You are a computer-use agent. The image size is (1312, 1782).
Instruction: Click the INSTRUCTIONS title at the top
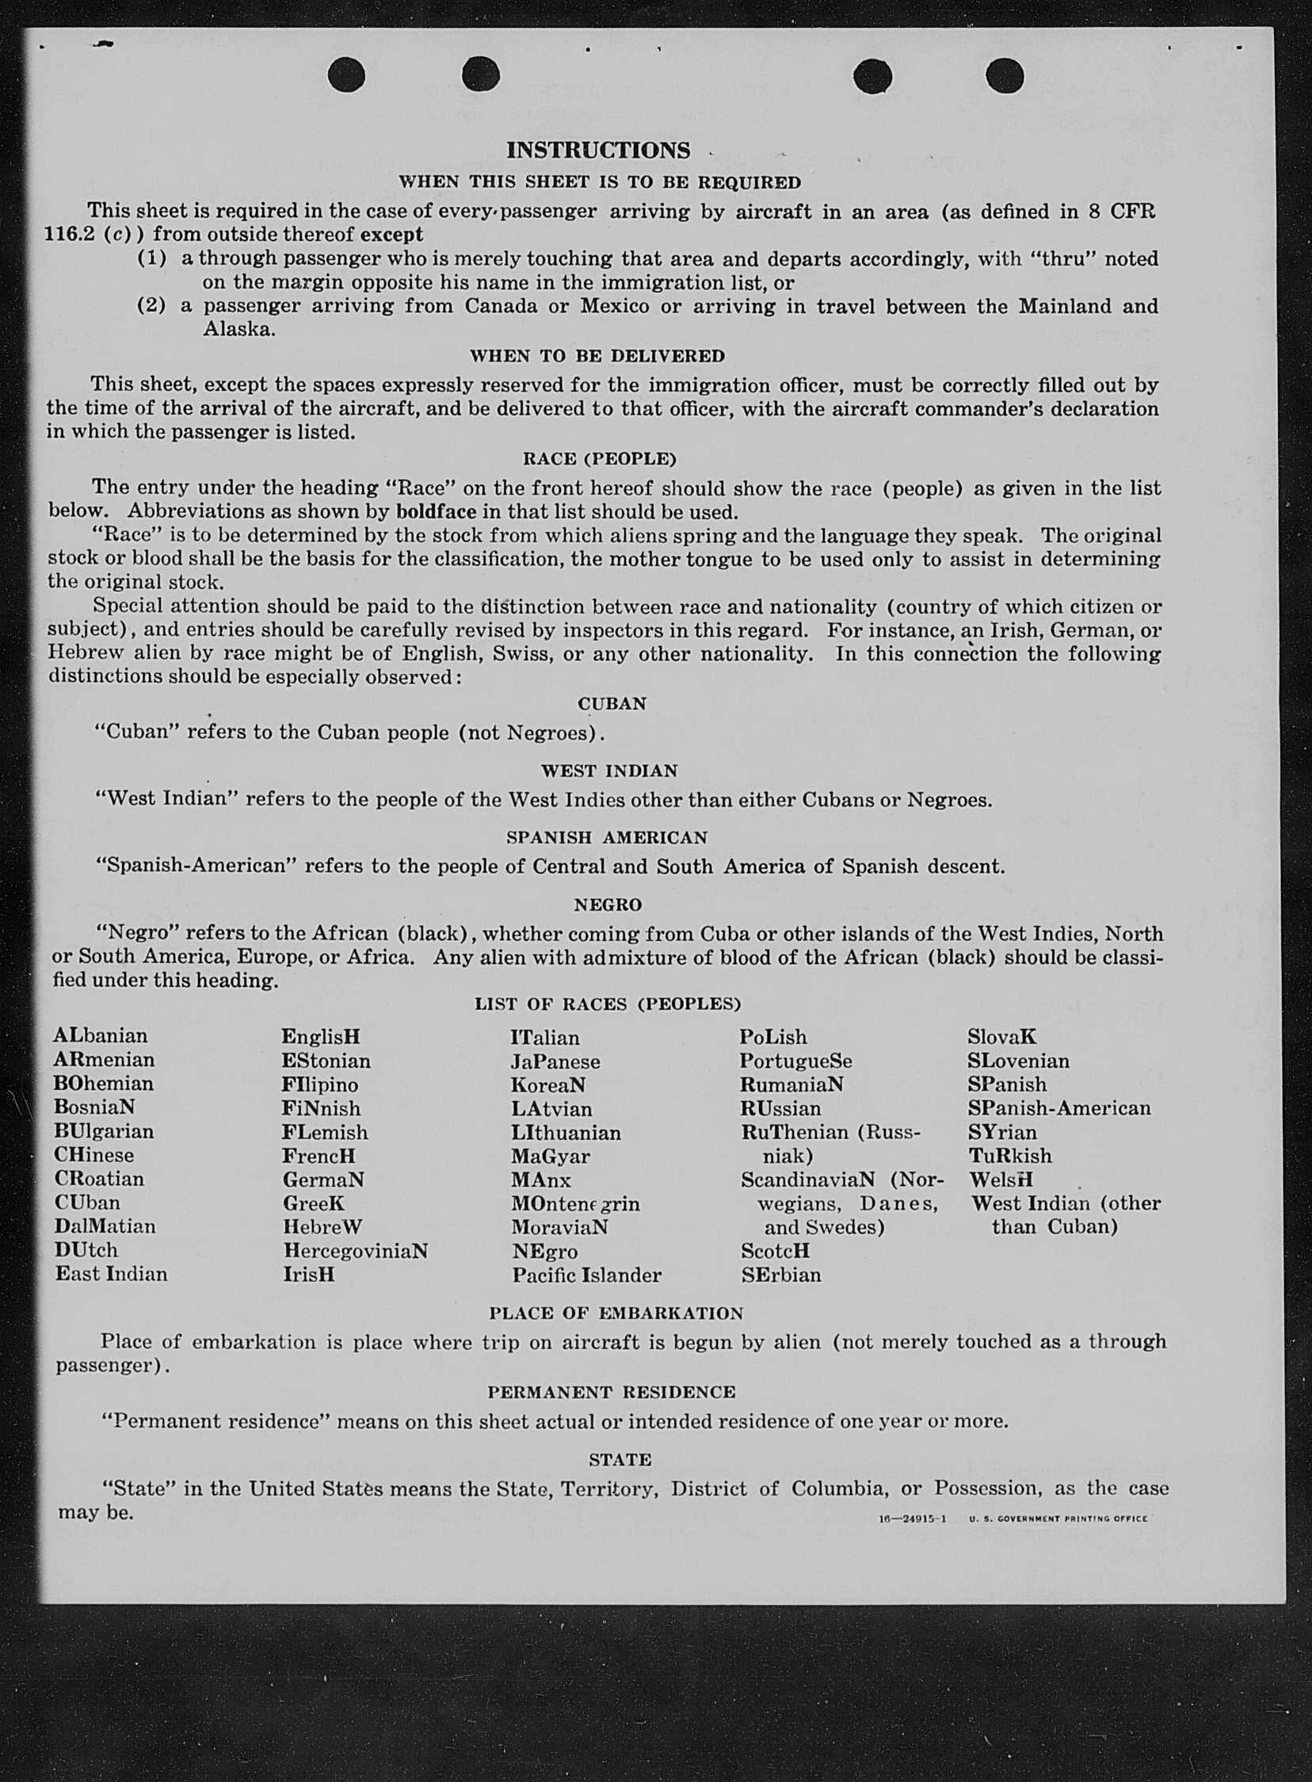pyautogui.click(x=598, y=150)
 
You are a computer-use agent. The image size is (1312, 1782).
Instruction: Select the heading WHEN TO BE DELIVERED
pyautogui.click(x=597, y=356)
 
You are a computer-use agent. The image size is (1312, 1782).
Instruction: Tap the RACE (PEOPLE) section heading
pyautogui.click(x=599, y=459)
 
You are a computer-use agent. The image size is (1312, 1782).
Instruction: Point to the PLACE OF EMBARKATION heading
pyautogui.click(x=616, y=1314)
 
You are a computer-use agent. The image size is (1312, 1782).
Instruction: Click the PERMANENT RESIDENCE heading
pyautogui.click(x=612, y=1393)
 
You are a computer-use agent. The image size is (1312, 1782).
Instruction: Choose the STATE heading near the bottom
pyautogui.click(x=620, y=1460)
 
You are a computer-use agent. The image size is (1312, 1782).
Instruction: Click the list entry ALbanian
pyautogui.click(x=100, y=1036)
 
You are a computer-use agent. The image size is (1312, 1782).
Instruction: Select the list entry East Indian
pyautogui.click(x=111, y=1275)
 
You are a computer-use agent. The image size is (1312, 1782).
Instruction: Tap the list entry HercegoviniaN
pyautogui.click(x=355, y=1252)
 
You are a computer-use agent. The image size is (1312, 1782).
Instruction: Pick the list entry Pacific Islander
pyautogui.click(x=586, y=1276)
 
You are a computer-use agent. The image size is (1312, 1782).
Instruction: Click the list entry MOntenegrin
pyautogui.click(x=575, y=1204)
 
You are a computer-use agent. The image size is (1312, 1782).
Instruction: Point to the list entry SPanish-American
pyautogui.click(x=1058, y=1108)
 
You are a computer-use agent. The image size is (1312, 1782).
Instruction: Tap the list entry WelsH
pyautogui.click(x=1001, y=1180)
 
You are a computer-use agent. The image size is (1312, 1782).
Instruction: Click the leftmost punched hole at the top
pyautogui.click(x=346, y=76)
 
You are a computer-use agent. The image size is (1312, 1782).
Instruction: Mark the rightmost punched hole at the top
pyautogui.click(x=1005, y=77)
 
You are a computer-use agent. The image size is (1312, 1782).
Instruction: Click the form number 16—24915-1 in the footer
pyautogui.click(x=912, y=1519)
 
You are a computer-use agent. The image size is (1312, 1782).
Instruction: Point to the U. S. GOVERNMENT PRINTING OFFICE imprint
pyautogui.click(x=1058, y=1519)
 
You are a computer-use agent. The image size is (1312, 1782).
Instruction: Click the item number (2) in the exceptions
pyautogui.click(x=151, y=306)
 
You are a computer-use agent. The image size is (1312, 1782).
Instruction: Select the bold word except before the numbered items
pyautogui.click(x=391, y=235)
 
